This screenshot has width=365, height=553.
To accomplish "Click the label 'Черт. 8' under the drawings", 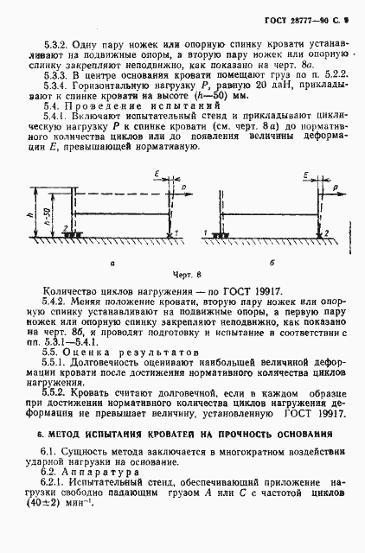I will click(185, 274).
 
